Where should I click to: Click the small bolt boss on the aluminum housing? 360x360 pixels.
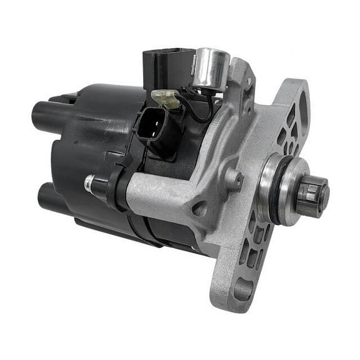click(232, 180)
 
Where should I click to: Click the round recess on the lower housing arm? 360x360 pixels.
click(199, 209)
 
